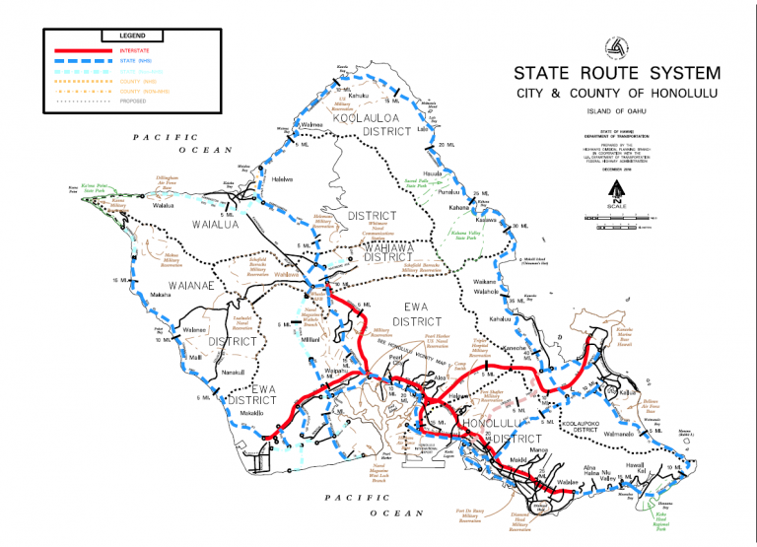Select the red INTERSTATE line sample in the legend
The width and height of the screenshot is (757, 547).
78,50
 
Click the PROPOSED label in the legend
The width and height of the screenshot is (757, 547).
134,101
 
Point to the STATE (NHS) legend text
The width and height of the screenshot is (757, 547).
138,62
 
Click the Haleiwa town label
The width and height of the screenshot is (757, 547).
283,178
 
